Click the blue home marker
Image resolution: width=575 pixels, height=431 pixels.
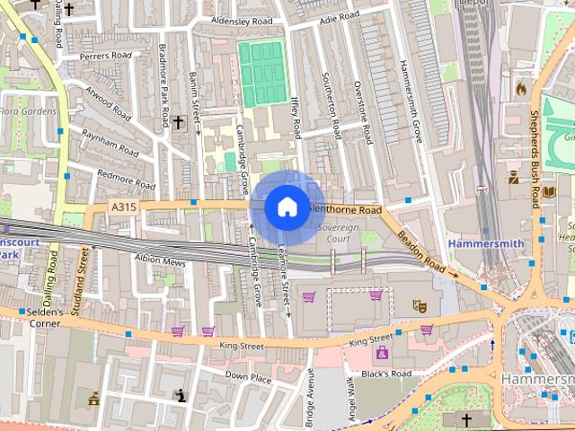coord(287,207)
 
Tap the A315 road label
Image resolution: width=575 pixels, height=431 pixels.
coord(123,207)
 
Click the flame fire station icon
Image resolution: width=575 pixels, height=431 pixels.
coord(520,89)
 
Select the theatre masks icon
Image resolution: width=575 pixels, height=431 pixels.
coord(419,305)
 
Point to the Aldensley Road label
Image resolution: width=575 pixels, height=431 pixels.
coord(241,20)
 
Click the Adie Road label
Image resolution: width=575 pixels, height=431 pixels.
coord(339,16)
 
